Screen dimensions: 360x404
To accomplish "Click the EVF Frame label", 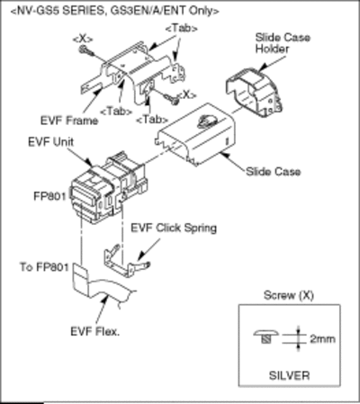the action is tap(69, 121).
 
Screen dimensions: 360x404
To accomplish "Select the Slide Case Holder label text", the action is tap(283, 43).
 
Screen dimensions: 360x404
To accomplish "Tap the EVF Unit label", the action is tap(50, 142).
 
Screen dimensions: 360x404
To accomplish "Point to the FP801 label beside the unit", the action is tap(49, 196).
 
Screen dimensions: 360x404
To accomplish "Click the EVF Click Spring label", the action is tap(174, 229).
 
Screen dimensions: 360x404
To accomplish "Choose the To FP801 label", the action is tap(44, 267).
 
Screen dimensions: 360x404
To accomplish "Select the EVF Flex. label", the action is tap(94, 331).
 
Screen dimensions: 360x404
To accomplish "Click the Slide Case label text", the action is tap(273, 172).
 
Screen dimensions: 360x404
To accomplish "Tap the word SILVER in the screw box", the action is tap(289, 375).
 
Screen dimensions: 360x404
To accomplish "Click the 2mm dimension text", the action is tap(322, 339).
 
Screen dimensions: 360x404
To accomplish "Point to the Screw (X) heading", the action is tap(289, 296).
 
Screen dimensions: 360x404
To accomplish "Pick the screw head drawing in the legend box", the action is tap(265, 337).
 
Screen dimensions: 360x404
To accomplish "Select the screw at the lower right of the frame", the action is tap(171, 99).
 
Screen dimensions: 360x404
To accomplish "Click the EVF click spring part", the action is tap(127, 261).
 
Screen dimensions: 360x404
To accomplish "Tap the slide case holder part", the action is tap(254, 92).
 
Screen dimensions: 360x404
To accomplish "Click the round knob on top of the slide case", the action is tap(206, 121).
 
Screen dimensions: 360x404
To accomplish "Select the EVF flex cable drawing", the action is tap(102, 286).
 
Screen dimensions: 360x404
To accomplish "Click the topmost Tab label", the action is tap(181, 29).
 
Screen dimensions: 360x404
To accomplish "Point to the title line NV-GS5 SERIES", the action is tap(114, 11).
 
